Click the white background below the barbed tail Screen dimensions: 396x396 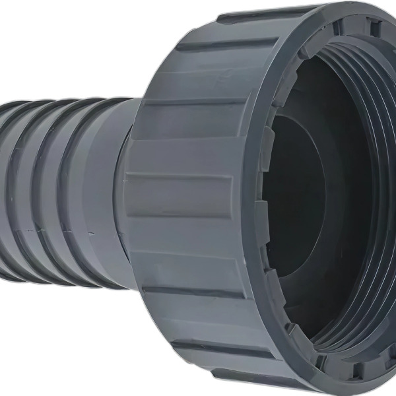click(x=53, y=343)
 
